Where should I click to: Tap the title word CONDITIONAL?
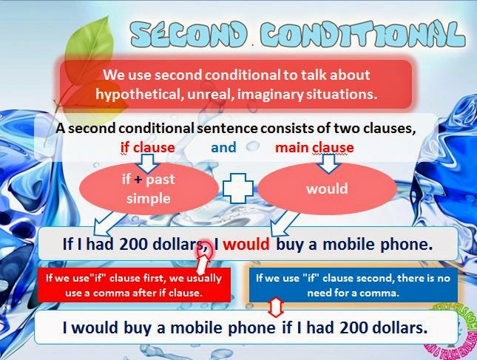point(363,33)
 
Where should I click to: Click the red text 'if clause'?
point(147,147)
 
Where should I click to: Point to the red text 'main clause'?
point(314,147)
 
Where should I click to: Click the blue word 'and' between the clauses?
point(223,147)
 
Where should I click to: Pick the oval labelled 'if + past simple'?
point(149,189)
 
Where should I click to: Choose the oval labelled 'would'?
point(326,188)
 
